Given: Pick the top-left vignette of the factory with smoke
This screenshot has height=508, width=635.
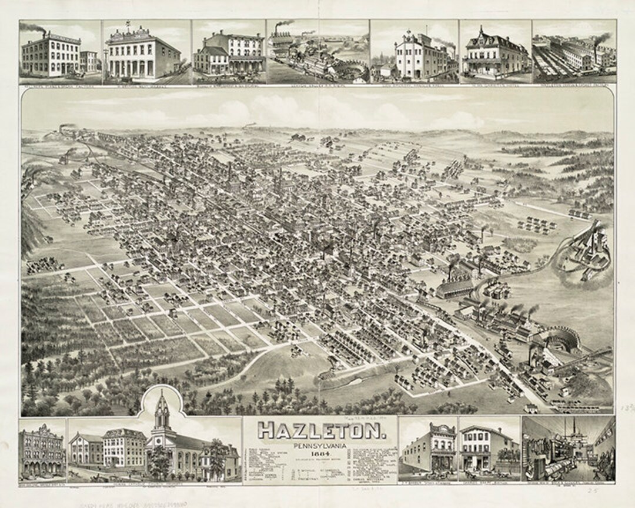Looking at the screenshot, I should (x=60, y=52).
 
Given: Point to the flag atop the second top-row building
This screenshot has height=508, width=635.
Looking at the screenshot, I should (x=126, y=24).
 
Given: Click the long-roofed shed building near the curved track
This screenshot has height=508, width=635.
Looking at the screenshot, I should (x=456, y=288).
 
